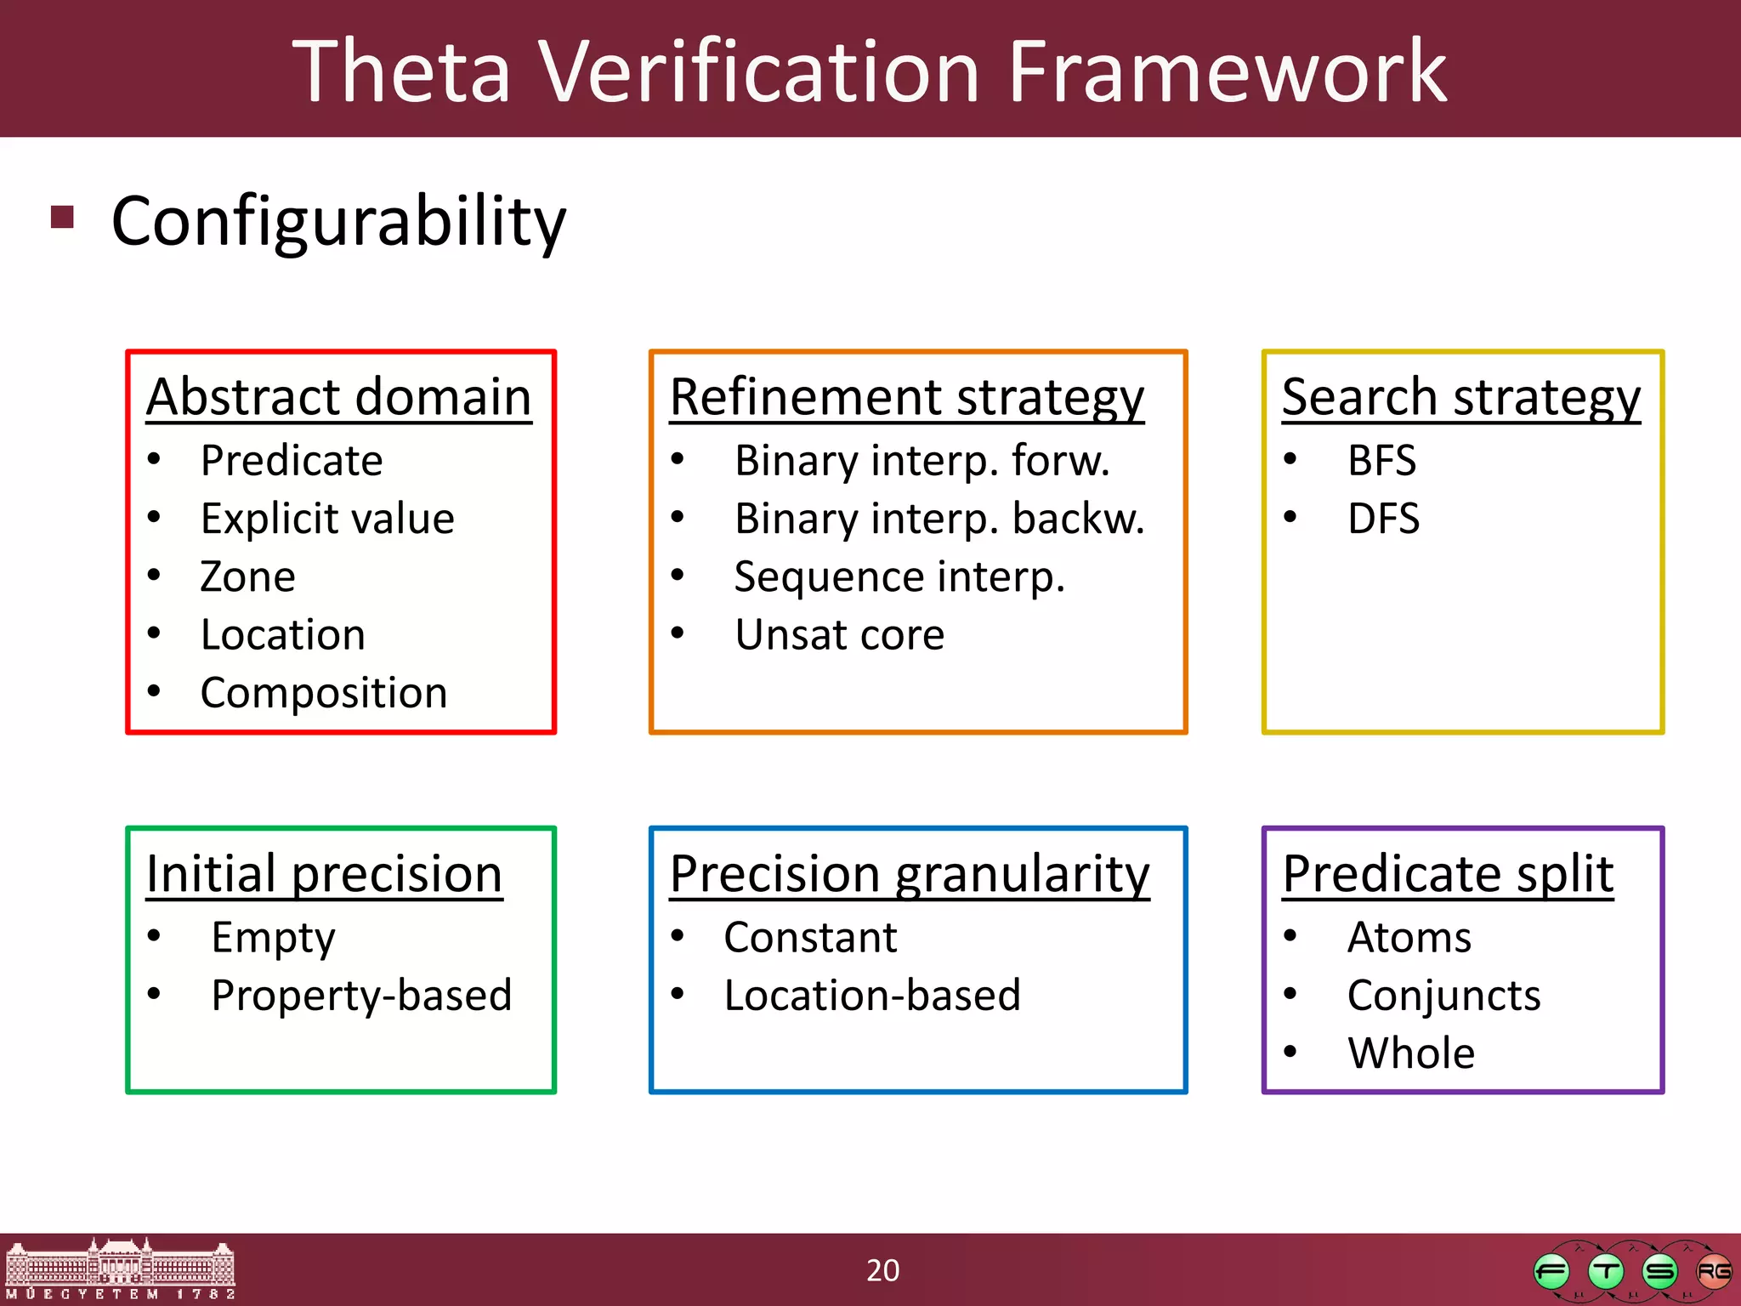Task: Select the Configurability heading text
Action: click(338, 221)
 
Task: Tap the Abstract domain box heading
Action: click(338, 397)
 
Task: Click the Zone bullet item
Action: click(247, 576)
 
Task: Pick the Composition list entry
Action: click(323, 693)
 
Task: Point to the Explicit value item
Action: click(327, 519)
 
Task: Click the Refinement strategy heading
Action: click(906, 397)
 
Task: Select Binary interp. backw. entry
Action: click(939, 519)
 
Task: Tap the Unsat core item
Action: click(839, 635)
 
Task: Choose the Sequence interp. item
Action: click(899, 576)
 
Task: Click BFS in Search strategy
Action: click(1381, 461)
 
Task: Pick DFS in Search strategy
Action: click(1383, 519)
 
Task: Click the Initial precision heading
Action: click(324, 874)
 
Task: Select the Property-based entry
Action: click(361, 996)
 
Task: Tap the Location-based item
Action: click(871, 996)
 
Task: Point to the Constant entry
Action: click(810, 938)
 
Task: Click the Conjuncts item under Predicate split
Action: click(1443, 996)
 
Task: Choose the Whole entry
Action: click(1411, 1053)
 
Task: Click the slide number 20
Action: click(882, 1270)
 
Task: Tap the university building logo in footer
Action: click(119, 1269)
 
